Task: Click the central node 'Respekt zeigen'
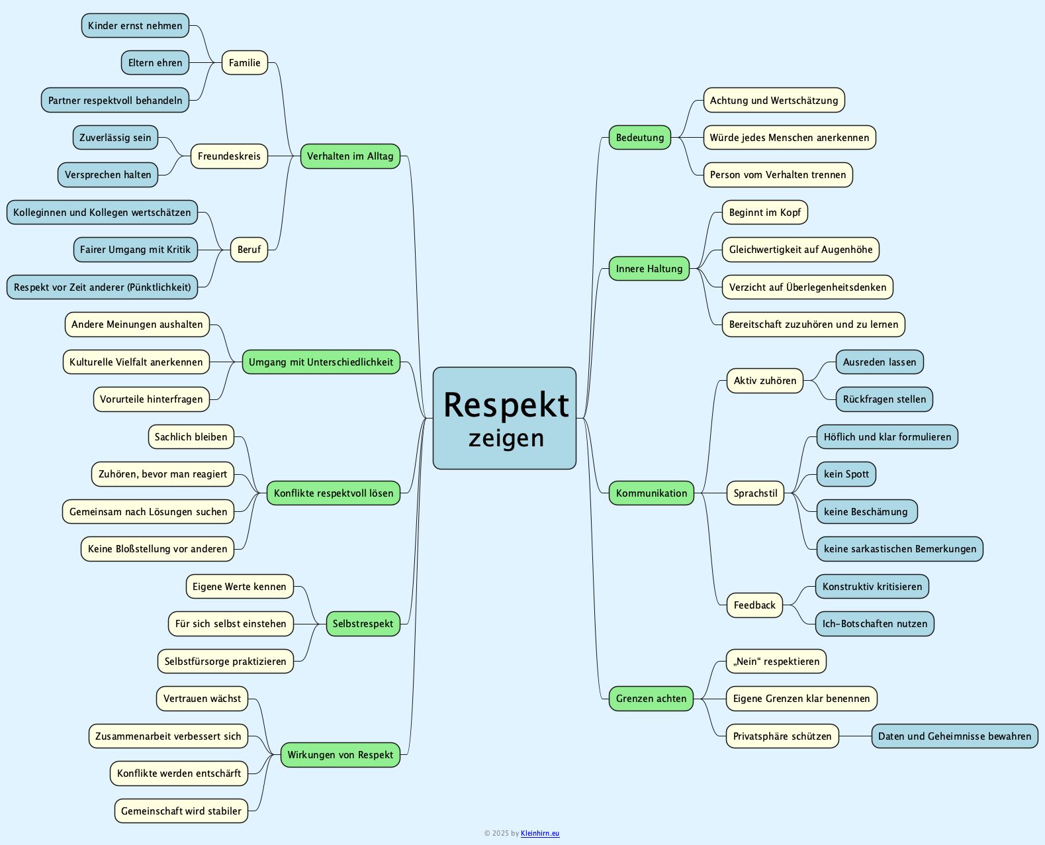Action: pos(504,418)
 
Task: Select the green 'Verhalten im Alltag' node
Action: pos(350,156)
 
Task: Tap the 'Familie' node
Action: pos(244,63)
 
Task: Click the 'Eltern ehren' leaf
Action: pos(155,63)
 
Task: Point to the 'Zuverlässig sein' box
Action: pos(115,138)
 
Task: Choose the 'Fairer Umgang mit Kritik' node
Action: pos(135,250)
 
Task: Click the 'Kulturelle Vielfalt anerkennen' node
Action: pos(136,362)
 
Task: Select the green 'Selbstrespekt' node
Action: pos(363,624)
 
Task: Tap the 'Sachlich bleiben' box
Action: pos(191,437)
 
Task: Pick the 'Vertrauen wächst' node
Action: pos(202,699)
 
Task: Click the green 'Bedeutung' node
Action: pos(639,138)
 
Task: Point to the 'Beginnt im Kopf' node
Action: pos(764,213)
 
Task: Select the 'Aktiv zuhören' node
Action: pos(764,381)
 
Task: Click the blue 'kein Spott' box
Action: pos(846,474)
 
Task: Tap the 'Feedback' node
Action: pos(754,605)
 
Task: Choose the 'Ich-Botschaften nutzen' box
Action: pos(874,624)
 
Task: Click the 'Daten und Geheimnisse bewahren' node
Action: pos(954,736)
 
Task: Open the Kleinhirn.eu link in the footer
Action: pos(540,834)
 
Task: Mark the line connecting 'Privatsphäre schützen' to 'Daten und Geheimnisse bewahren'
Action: pos(855,736)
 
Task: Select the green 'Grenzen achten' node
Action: pos(651,699)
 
